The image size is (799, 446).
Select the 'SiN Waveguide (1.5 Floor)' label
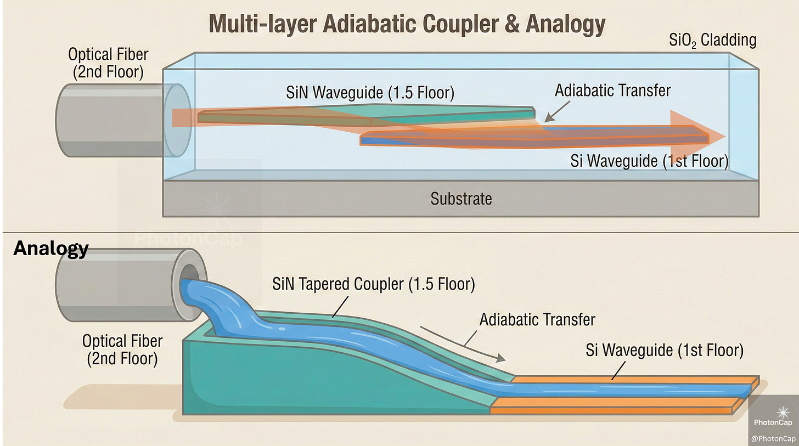tap(370, 93)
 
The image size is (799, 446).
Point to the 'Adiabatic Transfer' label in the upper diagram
tap(612, 90)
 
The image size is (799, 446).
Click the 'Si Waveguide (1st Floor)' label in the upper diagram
tap(649, 161)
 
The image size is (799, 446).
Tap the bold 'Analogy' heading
tap(50, 248)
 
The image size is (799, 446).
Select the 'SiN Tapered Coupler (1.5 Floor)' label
tap(373, 285)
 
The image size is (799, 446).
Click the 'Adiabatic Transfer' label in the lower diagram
tap(537, 319)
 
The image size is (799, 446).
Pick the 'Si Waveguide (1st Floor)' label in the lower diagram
tap(664, 350)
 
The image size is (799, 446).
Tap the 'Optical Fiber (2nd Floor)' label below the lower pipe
tap(122, 349)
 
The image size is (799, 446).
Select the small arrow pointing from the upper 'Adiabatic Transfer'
tap(555, 113)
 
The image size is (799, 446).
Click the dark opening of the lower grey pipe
tap(189, 273)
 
